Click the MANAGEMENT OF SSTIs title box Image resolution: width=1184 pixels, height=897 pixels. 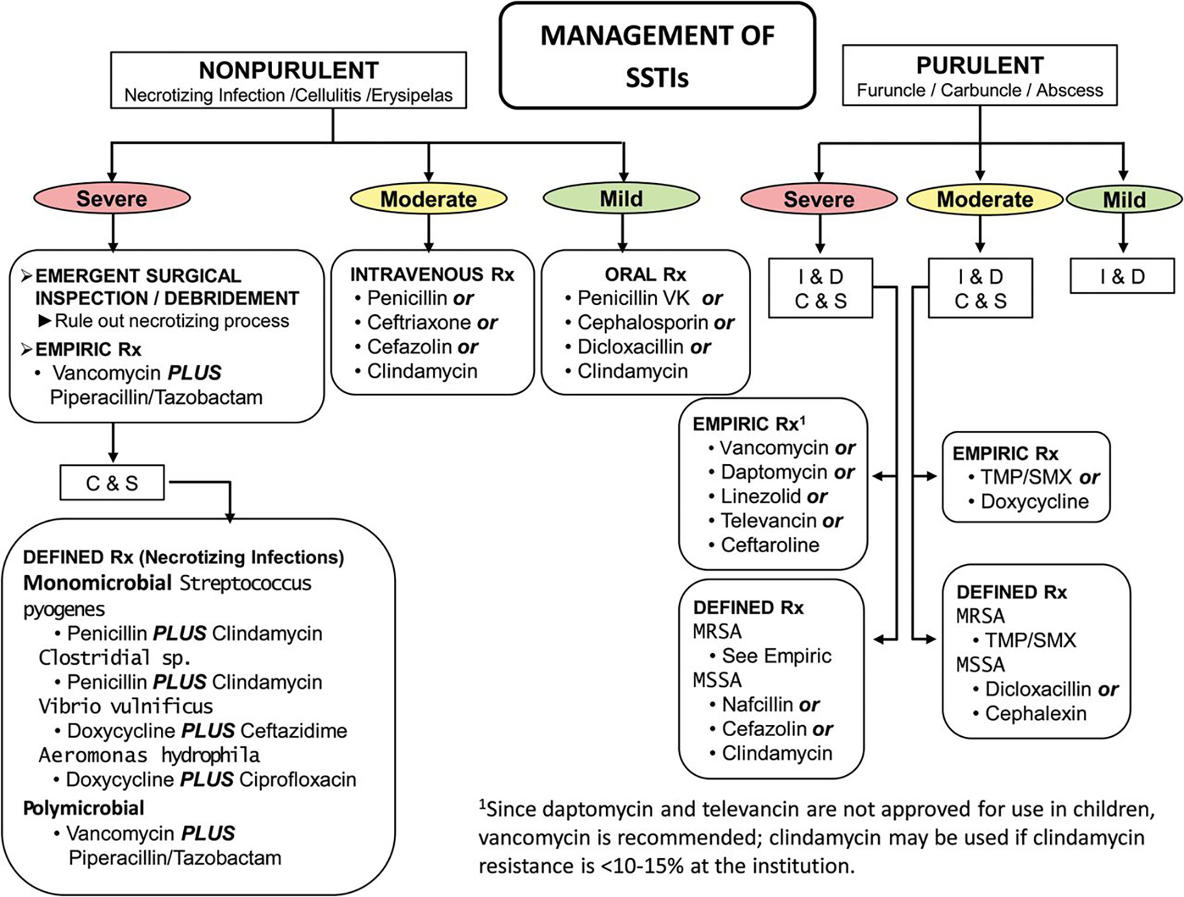pos(657,55)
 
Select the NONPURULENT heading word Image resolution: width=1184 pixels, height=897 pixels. pos(289,70)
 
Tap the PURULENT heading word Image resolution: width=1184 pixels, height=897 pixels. pos(979,65)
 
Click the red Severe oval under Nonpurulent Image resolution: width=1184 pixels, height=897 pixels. pos(112,198)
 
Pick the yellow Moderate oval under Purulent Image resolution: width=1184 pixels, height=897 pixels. pos(985,200)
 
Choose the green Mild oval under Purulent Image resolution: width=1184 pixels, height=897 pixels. pos(1124,200)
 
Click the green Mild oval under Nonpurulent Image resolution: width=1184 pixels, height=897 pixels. pos(621,198)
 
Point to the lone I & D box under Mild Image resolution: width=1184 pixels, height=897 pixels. pos(1122,276)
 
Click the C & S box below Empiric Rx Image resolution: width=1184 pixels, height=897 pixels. pos(112,483)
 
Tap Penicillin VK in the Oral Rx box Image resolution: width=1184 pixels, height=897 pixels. pos(634,298)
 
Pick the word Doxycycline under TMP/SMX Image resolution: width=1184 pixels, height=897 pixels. pos(1035,502)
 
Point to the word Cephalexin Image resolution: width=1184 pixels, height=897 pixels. pos(1036,713)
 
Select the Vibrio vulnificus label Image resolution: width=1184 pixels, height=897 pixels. pos(126,706)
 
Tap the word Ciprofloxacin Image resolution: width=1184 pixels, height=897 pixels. pos(298,780)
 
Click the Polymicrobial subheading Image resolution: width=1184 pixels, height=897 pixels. pos(84,808)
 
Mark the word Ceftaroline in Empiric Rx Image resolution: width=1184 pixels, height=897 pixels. pos(770,545)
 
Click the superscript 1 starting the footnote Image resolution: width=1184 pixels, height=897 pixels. pos(482,805)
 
